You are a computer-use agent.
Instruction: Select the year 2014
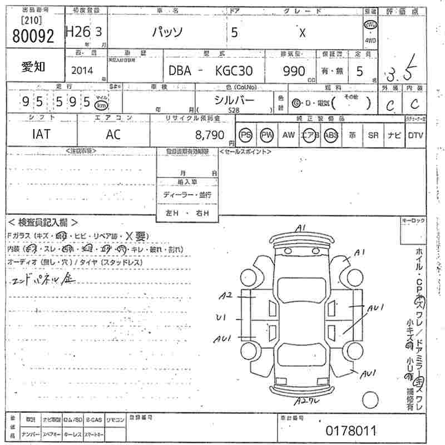coord(83,71)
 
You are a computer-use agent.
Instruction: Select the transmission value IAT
coord(41,135)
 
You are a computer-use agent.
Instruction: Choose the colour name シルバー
coord(234,100)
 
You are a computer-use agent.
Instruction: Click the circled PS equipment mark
coord(245,135)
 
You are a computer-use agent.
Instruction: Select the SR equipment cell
coord(373,135)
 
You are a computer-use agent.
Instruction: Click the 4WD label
coord(370,40)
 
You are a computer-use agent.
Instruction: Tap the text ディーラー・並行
coord(187,195)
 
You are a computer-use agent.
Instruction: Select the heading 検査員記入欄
coord(43,222)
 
